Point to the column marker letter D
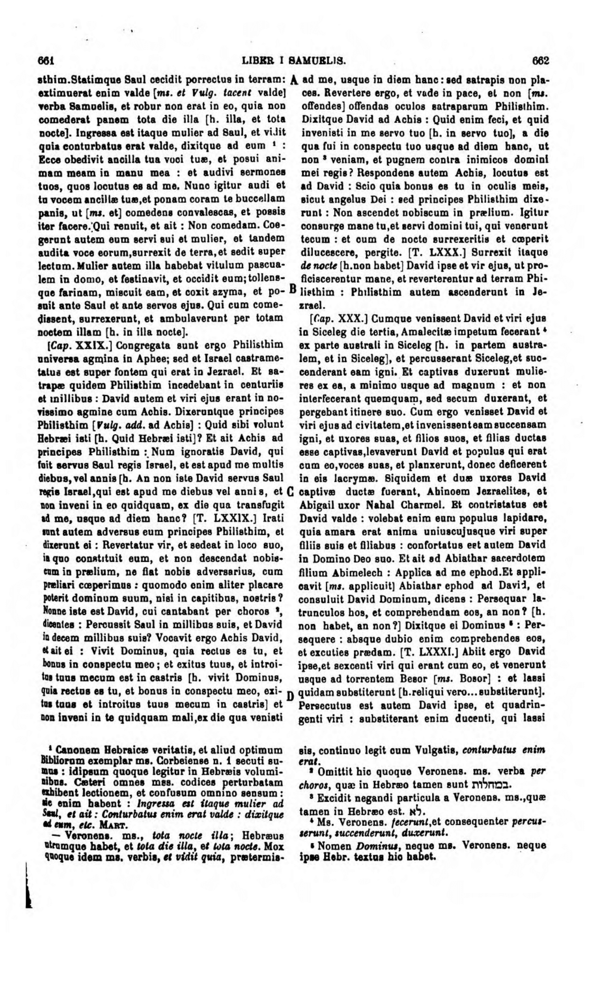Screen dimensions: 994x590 pos(291,693)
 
